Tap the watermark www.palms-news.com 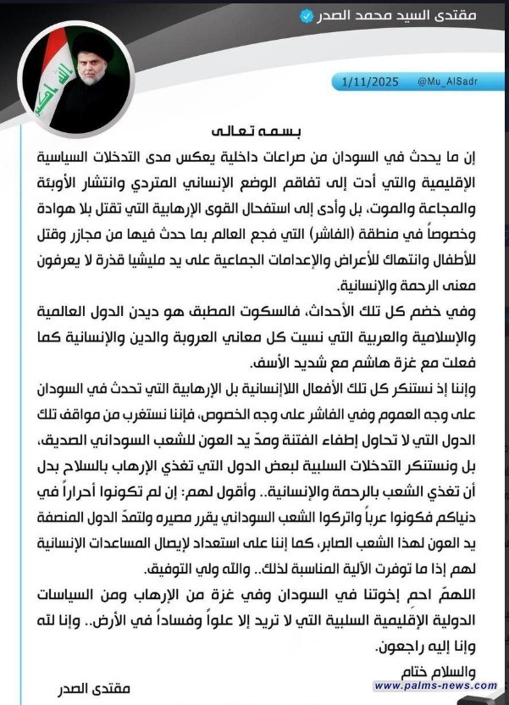(435, 685)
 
